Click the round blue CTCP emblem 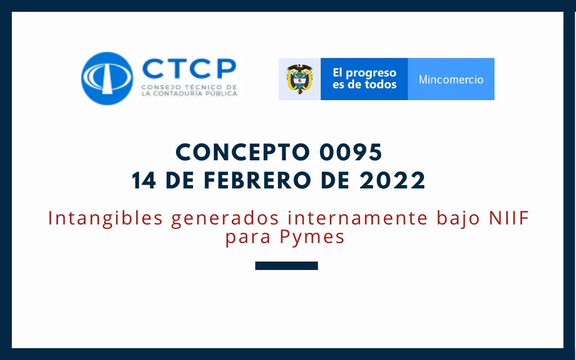point(107,78)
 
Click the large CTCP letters point(189,68)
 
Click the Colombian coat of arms point(299,79)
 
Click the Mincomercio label point(451,79)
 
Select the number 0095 point(351,152)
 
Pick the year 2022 point(392,181)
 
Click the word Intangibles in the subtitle point(105,218)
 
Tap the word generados point(225,218)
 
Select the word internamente point(358,218)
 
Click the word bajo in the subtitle point(458,218)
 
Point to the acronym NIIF point(509,218)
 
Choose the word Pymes point(312,237)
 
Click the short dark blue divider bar point(286,265)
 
